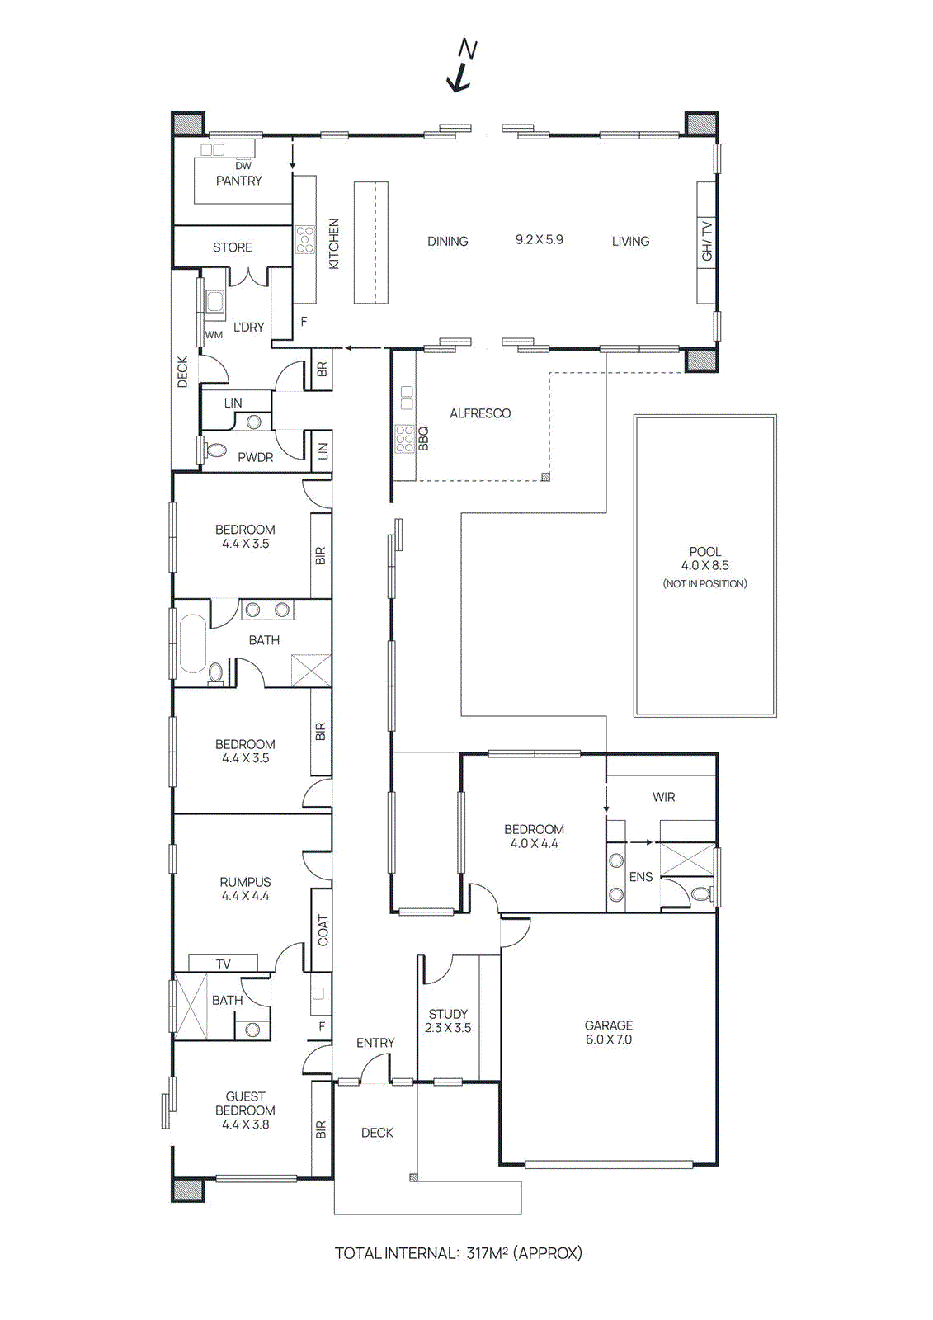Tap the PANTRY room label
[x=238, y=181]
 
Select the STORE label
[x=232, y=247]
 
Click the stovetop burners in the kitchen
[x=305, y=239]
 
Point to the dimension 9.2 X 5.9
[x=539, y=240]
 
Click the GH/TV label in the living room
[x=707, y=241]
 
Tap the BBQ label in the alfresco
[x=423, y=437]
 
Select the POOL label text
[x=704, y=551]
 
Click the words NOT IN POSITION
[x=704, y=584]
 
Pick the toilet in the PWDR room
[x=216, y=450]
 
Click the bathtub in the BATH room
[x=193, y=643]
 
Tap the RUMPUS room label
[x=245, y=882]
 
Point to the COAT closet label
[x=323, y=930]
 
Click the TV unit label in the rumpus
[x=223, y=964]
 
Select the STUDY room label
[x=448, y=1014]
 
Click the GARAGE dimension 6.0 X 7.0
[x=609, y=1039]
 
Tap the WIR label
[x=663, y=797]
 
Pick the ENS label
[x=640, y=877]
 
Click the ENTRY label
[x=375, y=1043]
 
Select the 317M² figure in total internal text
[x=487, y=1253]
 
